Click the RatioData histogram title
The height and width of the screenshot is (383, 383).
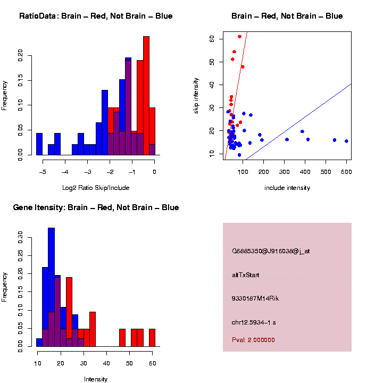(96, 16)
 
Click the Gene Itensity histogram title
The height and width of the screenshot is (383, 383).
(96, 207)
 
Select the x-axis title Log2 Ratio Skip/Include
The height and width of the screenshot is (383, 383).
(96, 188)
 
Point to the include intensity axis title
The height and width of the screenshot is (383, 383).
(287, 188)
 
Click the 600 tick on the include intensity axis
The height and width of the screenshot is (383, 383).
(346, 171)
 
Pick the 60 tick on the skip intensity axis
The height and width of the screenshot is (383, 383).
(211, 39)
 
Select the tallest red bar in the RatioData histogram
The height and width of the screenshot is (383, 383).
(146, 96)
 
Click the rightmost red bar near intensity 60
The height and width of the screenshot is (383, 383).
(152, 338)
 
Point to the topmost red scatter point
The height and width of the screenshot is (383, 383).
(240, 37)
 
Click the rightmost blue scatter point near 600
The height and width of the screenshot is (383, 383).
(346, 141)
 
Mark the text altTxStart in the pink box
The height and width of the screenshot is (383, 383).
(246, 275)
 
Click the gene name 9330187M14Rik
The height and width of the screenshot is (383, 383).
(255, 298)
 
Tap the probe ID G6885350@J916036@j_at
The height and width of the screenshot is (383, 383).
(271, 251)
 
